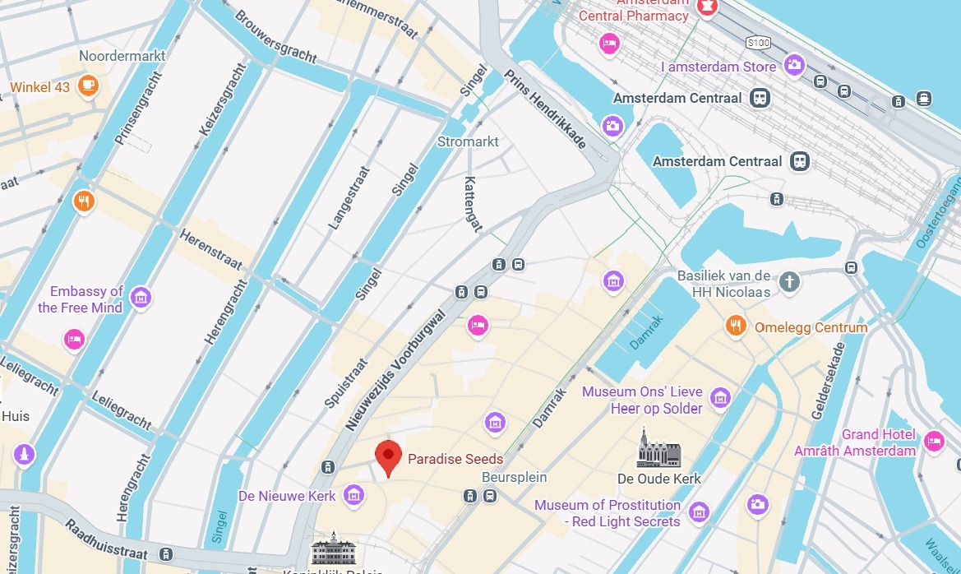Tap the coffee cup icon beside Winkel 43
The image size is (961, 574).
pos(88,85)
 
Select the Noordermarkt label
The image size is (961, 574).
pos(122,56)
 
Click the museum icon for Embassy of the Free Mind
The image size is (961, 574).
pos(141,297)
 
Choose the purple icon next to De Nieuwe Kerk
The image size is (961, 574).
pos(354,495)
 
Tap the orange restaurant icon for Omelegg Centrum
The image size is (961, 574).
pos(736,326)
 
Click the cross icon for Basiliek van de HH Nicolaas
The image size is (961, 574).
pos(789,282)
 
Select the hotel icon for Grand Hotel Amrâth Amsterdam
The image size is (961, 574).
pos(934,441)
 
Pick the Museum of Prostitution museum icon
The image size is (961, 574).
pos(699,512)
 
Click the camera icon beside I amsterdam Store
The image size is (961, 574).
pos(794,65)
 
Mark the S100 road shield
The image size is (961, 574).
pos(758,41)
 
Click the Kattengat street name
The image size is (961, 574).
pos(471,204)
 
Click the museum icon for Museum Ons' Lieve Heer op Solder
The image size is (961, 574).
pos(720,399)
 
